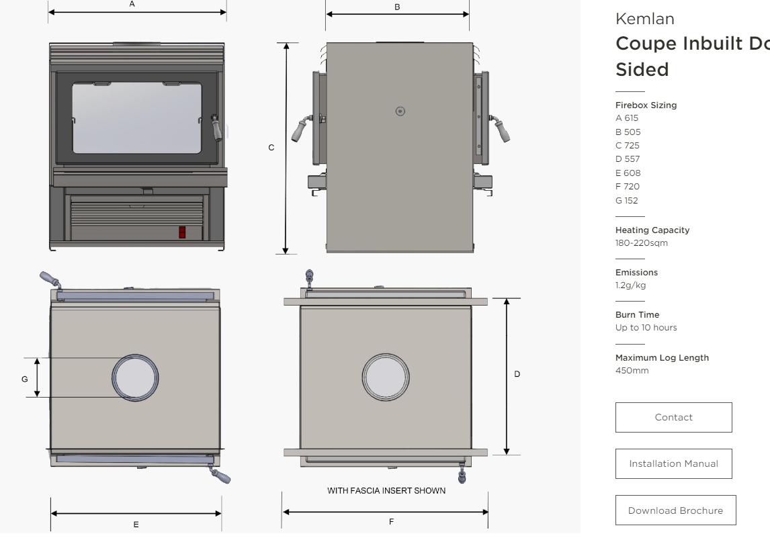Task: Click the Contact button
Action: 673,417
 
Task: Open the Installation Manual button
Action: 673,463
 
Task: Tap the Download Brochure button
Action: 675,510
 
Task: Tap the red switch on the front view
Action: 182,232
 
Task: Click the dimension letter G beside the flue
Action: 24,379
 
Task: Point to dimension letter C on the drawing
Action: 271,148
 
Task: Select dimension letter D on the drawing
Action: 517,374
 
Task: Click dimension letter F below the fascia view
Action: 391,522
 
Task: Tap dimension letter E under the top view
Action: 136,525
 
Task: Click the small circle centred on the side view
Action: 400,111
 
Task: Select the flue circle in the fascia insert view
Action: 385,375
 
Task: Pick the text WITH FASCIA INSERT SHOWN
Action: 386,491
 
